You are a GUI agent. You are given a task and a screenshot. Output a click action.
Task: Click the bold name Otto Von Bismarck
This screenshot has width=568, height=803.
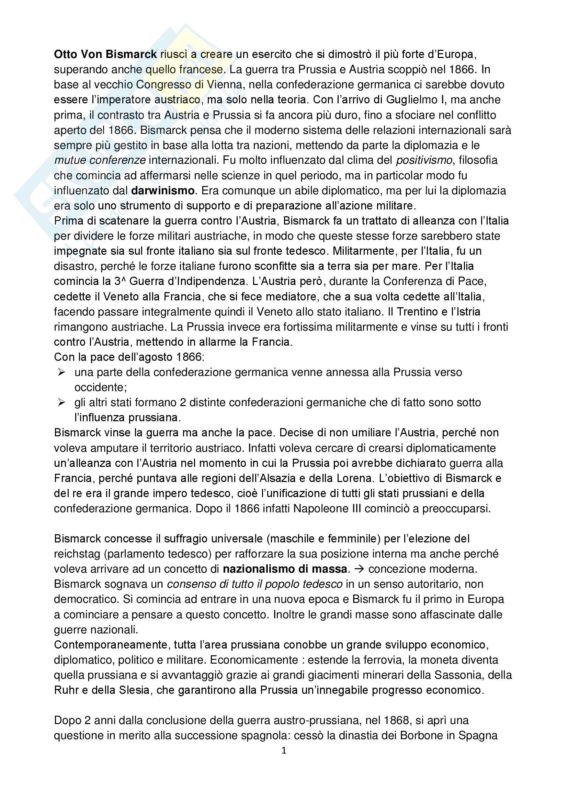pyautogui.click(x=105, y=55)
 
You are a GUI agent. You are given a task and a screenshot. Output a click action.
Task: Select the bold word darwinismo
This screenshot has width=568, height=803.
pyautogui.click(x=163, y=191)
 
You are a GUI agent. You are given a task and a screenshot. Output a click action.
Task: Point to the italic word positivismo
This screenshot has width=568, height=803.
pyautogui.click(x=424, y=160)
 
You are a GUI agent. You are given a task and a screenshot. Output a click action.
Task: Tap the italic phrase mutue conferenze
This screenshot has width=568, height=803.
pyautogui.click(x=100, y=160)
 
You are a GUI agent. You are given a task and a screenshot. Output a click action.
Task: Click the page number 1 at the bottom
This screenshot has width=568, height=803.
pyautogui.click(x=284, y=750)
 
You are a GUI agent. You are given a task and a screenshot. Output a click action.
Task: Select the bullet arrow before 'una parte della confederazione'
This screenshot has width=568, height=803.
pyautogui.click(x=62, y=372)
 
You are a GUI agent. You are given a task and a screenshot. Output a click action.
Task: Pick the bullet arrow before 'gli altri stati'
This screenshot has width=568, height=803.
pyautogui.click(x=62, y=403)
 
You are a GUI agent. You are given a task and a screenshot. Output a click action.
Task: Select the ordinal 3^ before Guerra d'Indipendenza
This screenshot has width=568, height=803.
pyautogui.click(x=120, y=281)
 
